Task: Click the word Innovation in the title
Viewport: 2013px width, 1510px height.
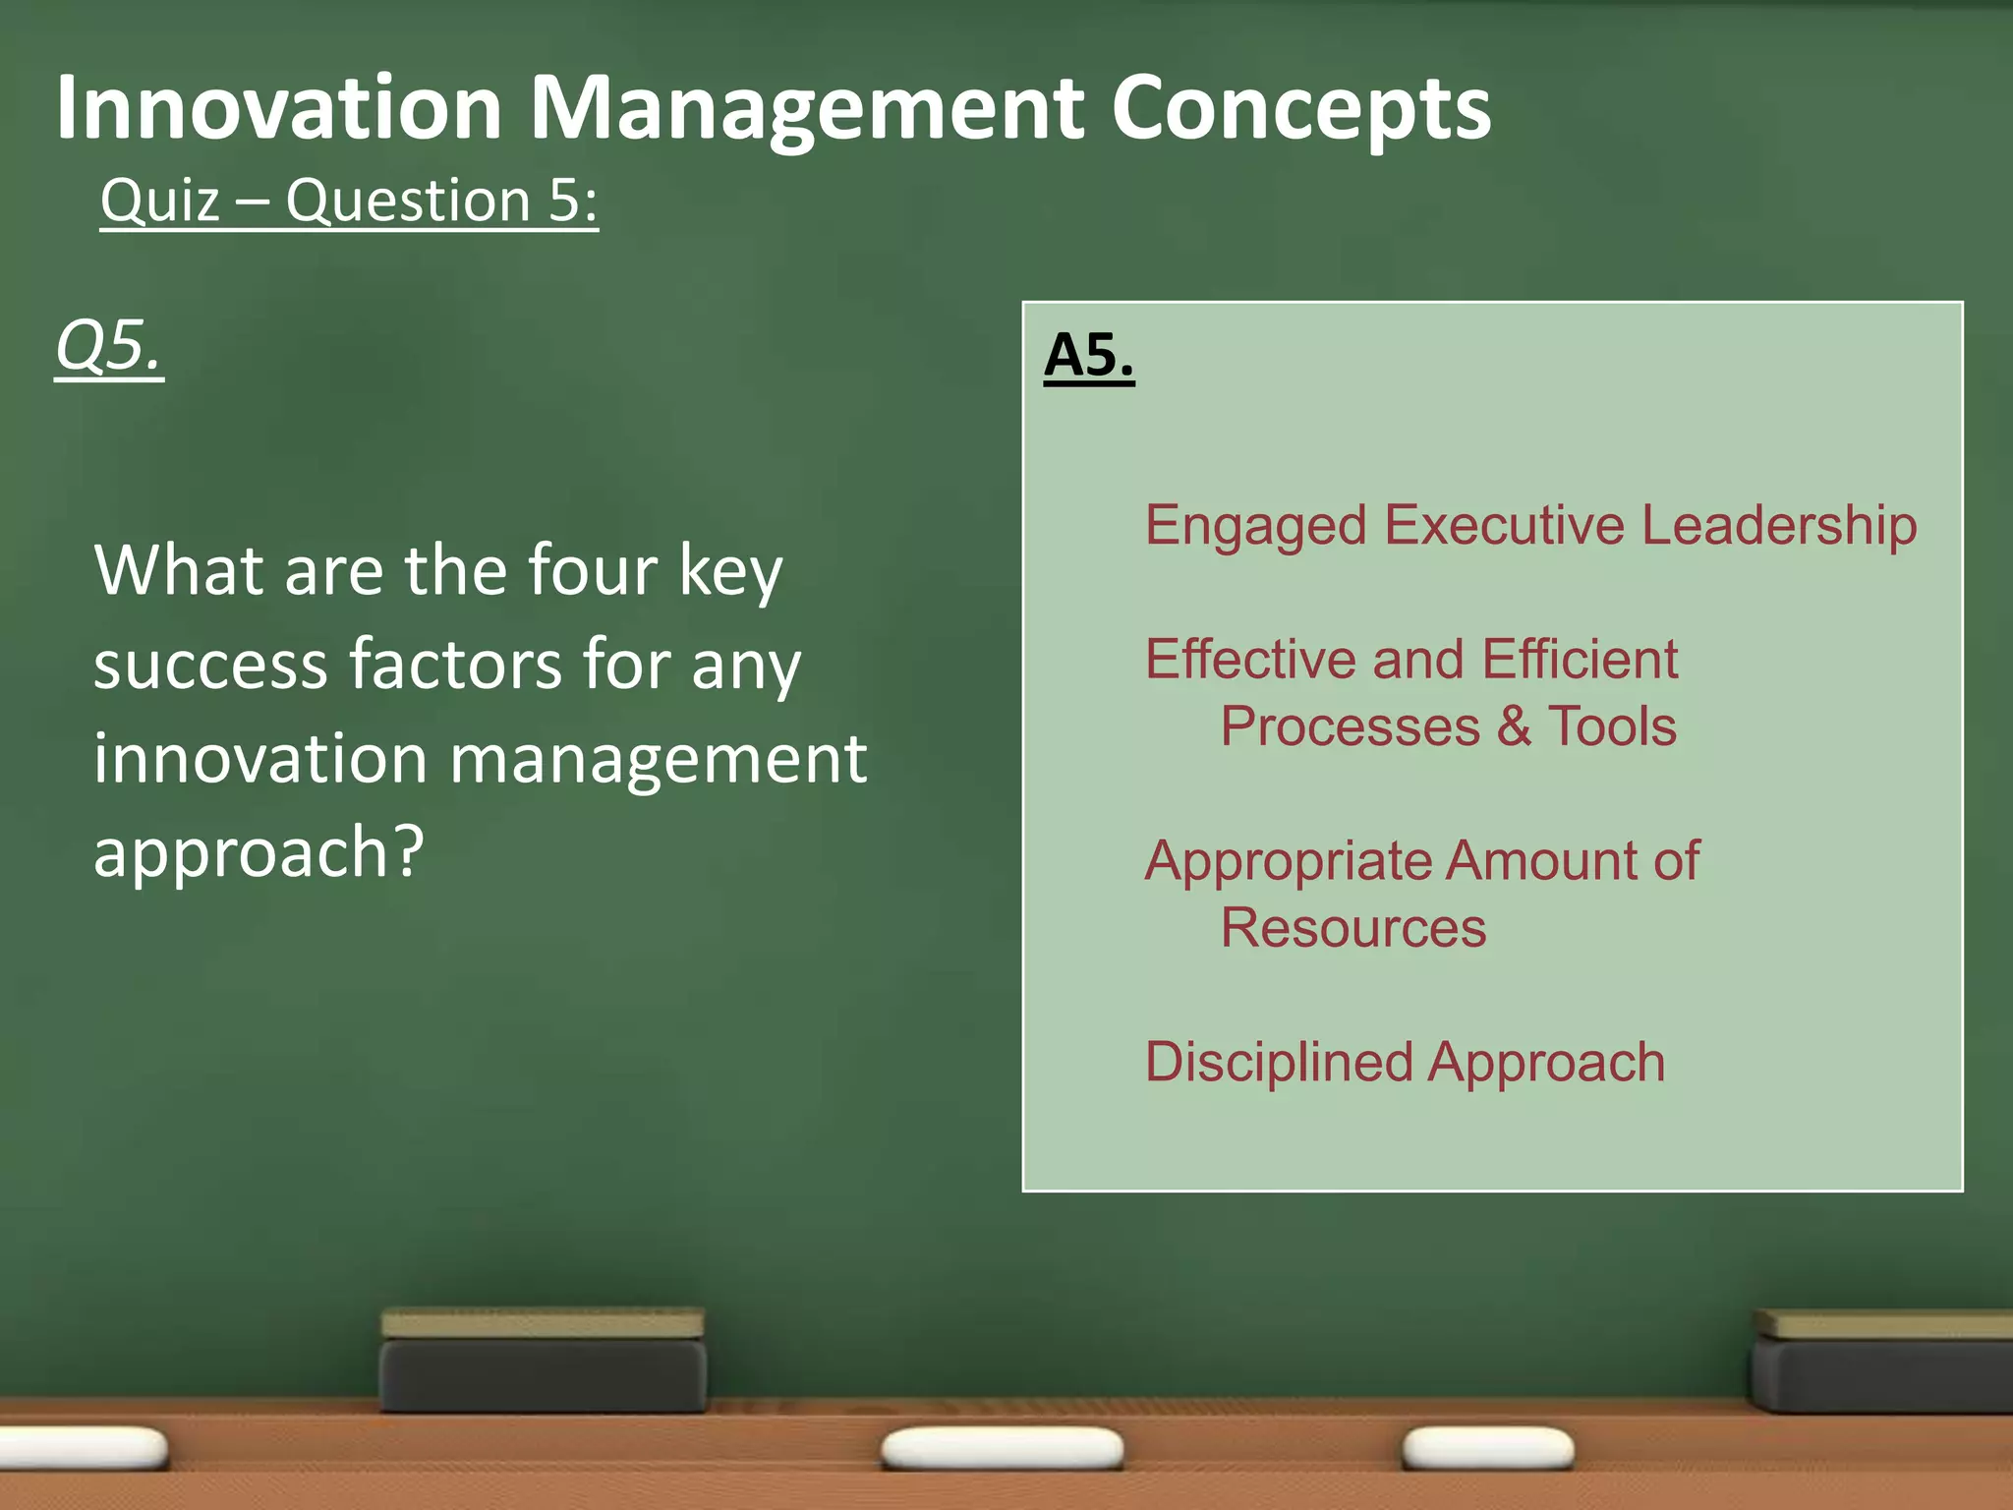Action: click(279, 108)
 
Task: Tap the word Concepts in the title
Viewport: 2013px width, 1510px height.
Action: click(1299, 110)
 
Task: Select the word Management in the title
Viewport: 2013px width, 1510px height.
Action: click(807, 110)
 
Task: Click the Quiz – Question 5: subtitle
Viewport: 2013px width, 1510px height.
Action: click(349, 202)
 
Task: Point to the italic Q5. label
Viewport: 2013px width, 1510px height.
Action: click(108, 346)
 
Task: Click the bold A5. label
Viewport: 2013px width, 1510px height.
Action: click(1088, 355)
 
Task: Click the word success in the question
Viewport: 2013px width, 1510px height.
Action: click(210, 665)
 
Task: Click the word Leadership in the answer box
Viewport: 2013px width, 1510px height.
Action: click(1779, 525)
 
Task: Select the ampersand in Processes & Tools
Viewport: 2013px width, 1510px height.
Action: click(1514, 726)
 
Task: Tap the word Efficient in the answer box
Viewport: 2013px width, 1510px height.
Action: click(1580, 659)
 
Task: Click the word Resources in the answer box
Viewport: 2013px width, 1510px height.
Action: click(1352, 928)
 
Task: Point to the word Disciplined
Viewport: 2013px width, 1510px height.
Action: click(1278, 1063)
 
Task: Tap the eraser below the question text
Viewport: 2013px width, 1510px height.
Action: click(543, 1361)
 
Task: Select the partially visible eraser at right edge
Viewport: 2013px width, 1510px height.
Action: click(1882, 1363)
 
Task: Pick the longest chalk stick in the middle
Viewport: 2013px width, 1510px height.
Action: click(1002, 1449)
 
